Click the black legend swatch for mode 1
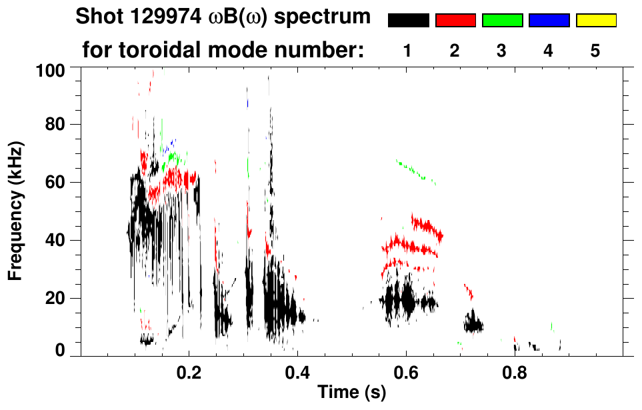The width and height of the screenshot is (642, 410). point(408,21)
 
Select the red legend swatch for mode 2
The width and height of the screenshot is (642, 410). point(455,21)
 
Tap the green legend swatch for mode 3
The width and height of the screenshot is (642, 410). point(502,21)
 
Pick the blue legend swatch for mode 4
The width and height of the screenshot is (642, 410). point(549,21)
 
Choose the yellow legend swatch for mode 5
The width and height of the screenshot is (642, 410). point(596,21)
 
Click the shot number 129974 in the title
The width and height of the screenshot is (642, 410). point(159,17)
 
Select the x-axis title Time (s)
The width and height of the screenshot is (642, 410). point(351,393)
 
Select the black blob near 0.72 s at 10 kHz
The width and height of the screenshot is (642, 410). point(474,325)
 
